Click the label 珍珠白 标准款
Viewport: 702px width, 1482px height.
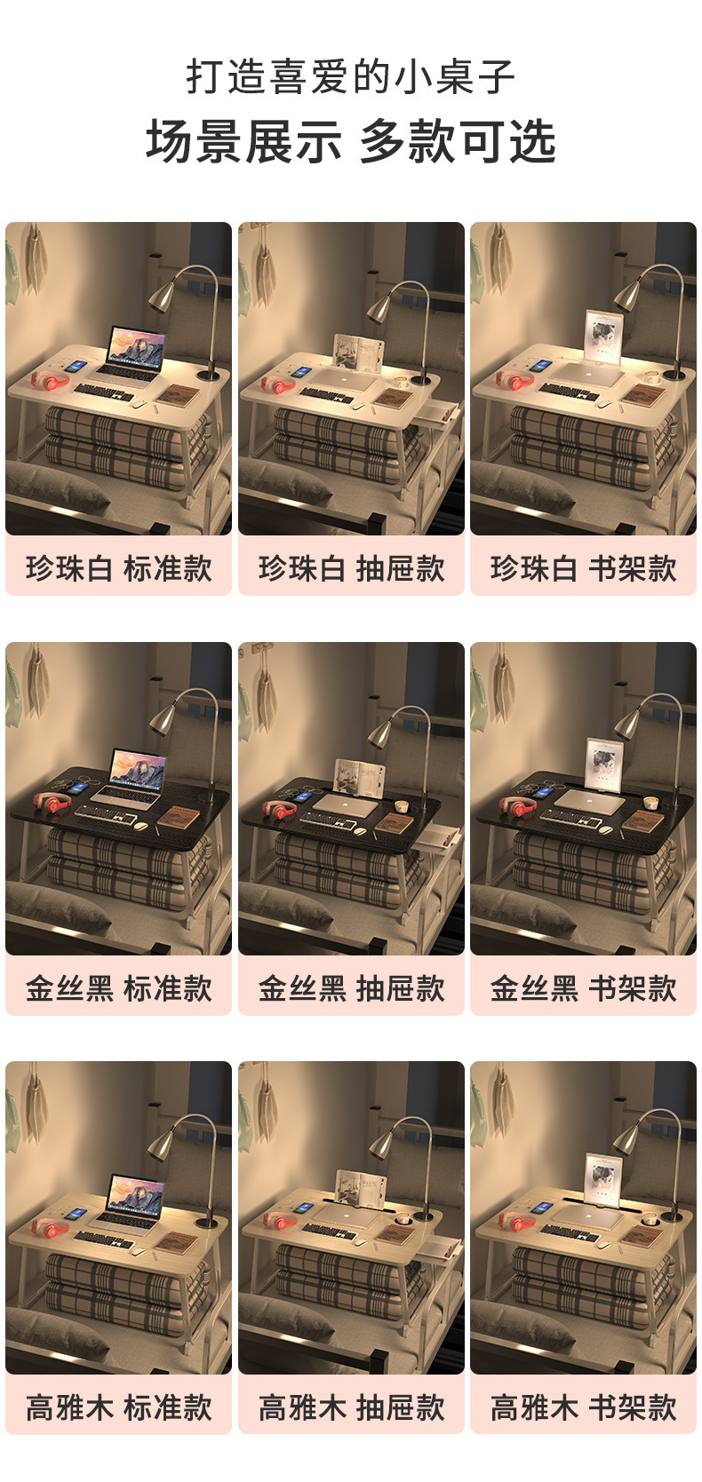click(118, 568)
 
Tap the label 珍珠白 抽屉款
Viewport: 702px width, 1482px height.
click(351, 568)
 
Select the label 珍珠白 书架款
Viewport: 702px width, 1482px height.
click(583, 568)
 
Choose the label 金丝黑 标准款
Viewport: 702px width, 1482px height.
click(118, 988)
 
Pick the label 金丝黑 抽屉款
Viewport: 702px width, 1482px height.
click(351, 988)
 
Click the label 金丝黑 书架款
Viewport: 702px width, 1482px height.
click(583, 988)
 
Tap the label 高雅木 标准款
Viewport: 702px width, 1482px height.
click(118, 1407)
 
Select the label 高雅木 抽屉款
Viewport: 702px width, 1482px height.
click(351, 1407)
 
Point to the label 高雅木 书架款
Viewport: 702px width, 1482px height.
click(583, 1407)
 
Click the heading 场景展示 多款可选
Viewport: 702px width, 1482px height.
click(351, 142)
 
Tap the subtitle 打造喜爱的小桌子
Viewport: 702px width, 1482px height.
click(351, 78)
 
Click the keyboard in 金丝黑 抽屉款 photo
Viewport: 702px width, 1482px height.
click(327, 820)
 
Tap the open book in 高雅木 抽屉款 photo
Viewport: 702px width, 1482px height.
click(360, 1187)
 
